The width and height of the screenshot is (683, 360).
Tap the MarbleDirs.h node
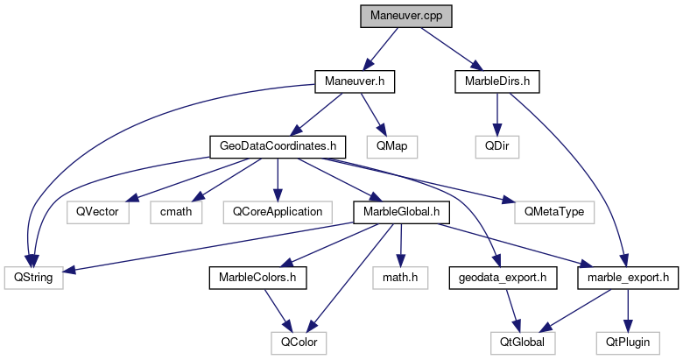[x=496, y=81]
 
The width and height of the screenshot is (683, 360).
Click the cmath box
[x=177, y=211]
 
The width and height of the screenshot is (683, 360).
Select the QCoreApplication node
[x=278, y=211]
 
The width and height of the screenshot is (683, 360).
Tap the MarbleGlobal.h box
[x=400, y=211]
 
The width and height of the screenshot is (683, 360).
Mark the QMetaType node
[x=548, y=211]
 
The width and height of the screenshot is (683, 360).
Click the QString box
[x=29, y=278]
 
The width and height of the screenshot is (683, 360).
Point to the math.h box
[x=401, y=278]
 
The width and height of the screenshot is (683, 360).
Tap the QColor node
[x=298, y=342]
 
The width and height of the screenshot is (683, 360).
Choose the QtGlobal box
[x=522, y=342]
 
